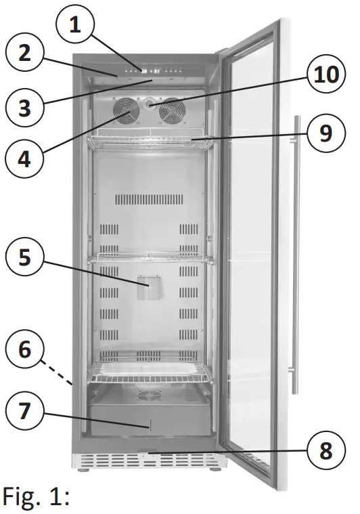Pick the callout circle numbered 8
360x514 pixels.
tap(326, 450)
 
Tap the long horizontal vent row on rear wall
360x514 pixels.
tap(149, 199)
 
